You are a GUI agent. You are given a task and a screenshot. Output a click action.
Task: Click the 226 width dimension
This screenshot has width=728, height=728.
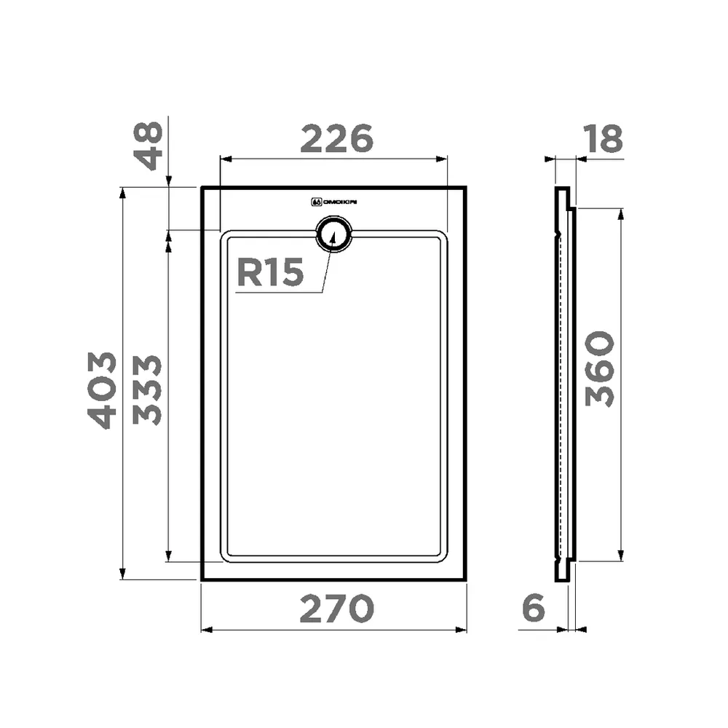click(x=336, y=138)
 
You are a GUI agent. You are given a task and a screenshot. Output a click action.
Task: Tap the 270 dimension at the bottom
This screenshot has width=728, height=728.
click(x=336, y=609)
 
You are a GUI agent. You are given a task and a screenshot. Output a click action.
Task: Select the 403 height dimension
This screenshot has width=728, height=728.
click(x=102, y=390)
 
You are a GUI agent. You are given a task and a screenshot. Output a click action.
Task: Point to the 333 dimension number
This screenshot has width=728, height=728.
click(x=147, y=390)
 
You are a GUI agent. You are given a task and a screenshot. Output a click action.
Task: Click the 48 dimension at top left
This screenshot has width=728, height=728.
click(x=148, y=146)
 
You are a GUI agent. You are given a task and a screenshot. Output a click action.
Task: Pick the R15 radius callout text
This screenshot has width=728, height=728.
click(x=270, y=272)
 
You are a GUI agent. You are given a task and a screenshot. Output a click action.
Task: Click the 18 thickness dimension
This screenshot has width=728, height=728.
click(x=603, y=138)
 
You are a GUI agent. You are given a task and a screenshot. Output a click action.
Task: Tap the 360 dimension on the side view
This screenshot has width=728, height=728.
click(x=600, y=369)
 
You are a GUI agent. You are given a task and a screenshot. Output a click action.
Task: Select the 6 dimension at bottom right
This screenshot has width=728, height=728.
click(x=534, y=608)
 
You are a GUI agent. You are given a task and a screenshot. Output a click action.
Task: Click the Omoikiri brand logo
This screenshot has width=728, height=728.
click(x=334, y=202)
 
